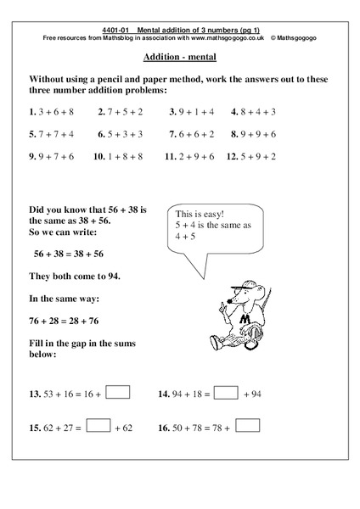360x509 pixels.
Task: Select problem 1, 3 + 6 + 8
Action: pyautogui.click(x=51, y=111)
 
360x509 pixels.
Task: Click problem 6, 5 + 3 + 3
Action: pyautogui.click(x=122, y=134)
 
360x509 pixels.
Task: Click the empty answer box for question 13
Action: pyautogui.click(x=118, y=393)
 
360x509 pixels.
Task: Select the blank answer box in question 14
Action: pyautogui.click(x=226, y=393)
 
